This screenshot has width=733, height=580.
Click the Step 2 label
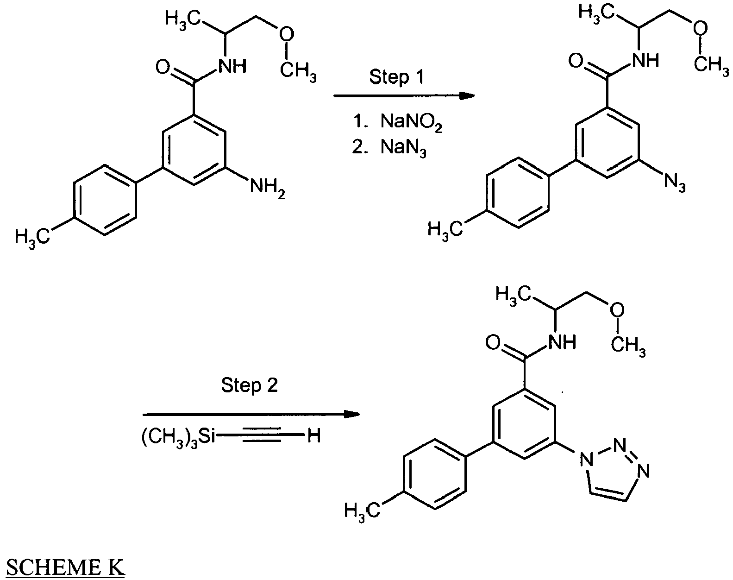click(249, 385)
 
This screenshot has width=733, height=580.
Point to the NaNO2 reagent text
click(411, 122)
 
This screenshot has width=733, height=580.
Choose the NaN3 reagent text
click(403, 148)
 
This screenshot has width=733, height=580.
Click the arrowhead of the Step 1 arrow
click(467, 96)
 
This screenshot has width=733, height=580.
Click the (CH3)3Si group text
click(178, 436)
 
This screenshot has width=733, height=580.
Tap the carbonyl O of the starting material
click(163, 67)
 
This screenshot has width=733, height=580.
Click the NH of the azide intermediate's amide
click(645, 61)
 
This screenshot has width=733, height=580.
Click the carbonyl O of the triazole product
click(493, 342)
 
